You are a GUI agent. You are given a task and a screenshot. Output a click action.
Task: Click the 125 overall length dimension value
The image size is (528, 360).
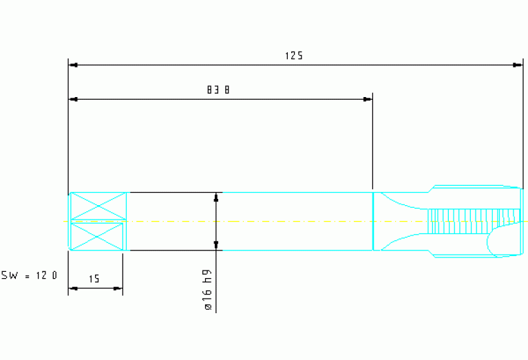pyautogui.click(x=294, y=56)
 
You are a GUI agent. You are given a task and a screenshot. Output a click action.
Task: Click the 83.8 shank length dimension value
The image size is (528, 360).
pyautogui.click(x=218, y=90)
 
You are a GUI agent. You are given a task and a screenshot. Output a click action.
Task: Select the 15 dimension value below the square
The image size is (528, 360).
pyautogui.click(x=94, y=279)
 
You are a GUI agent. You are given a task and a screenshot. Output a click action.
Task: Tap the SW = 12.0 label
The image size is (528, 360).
pyautogui.click(x=30, y=275)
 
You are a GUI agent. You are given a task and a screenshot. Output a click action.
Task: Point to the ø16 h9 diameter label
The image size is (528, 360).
pyautogui.click(x=207, y=292)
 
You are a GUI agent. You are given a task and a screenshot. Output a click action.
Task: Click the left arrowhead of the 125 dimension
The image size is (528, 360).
pyautogui.click(x=73, y=65)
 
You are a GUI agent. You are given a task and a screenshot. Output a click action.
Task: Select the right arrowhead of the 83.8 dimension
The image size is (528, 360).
pyautogui.click(x=368, y=100)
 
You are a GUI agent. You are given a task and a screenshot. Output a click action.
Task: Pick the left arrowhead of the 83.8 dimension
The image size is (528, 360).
pyautogui.click(x=73, y=100)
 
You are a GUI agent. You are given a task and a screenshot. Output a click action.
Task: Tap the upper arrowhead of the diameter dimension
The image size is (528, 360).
pyautogui.click(x=217, y=197)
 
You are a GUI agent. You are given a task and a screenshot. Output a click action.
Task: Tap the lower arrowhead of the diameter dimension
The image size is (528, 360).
pyautogui.click(x=217, y=245)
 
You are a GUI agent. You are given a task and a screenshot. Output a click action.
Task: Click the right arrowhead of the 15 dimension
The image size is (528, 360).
pyautogui.click(x=118, y=288)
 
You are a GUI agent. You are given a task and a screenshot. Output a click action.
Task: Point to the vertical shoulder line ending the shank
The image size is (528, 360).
pyautogui.click(x=373, y=221)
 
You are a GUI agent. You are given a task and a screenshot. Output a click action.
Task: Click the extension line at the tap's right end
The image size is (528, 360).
pyautogui.click(x=522, y=124)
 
